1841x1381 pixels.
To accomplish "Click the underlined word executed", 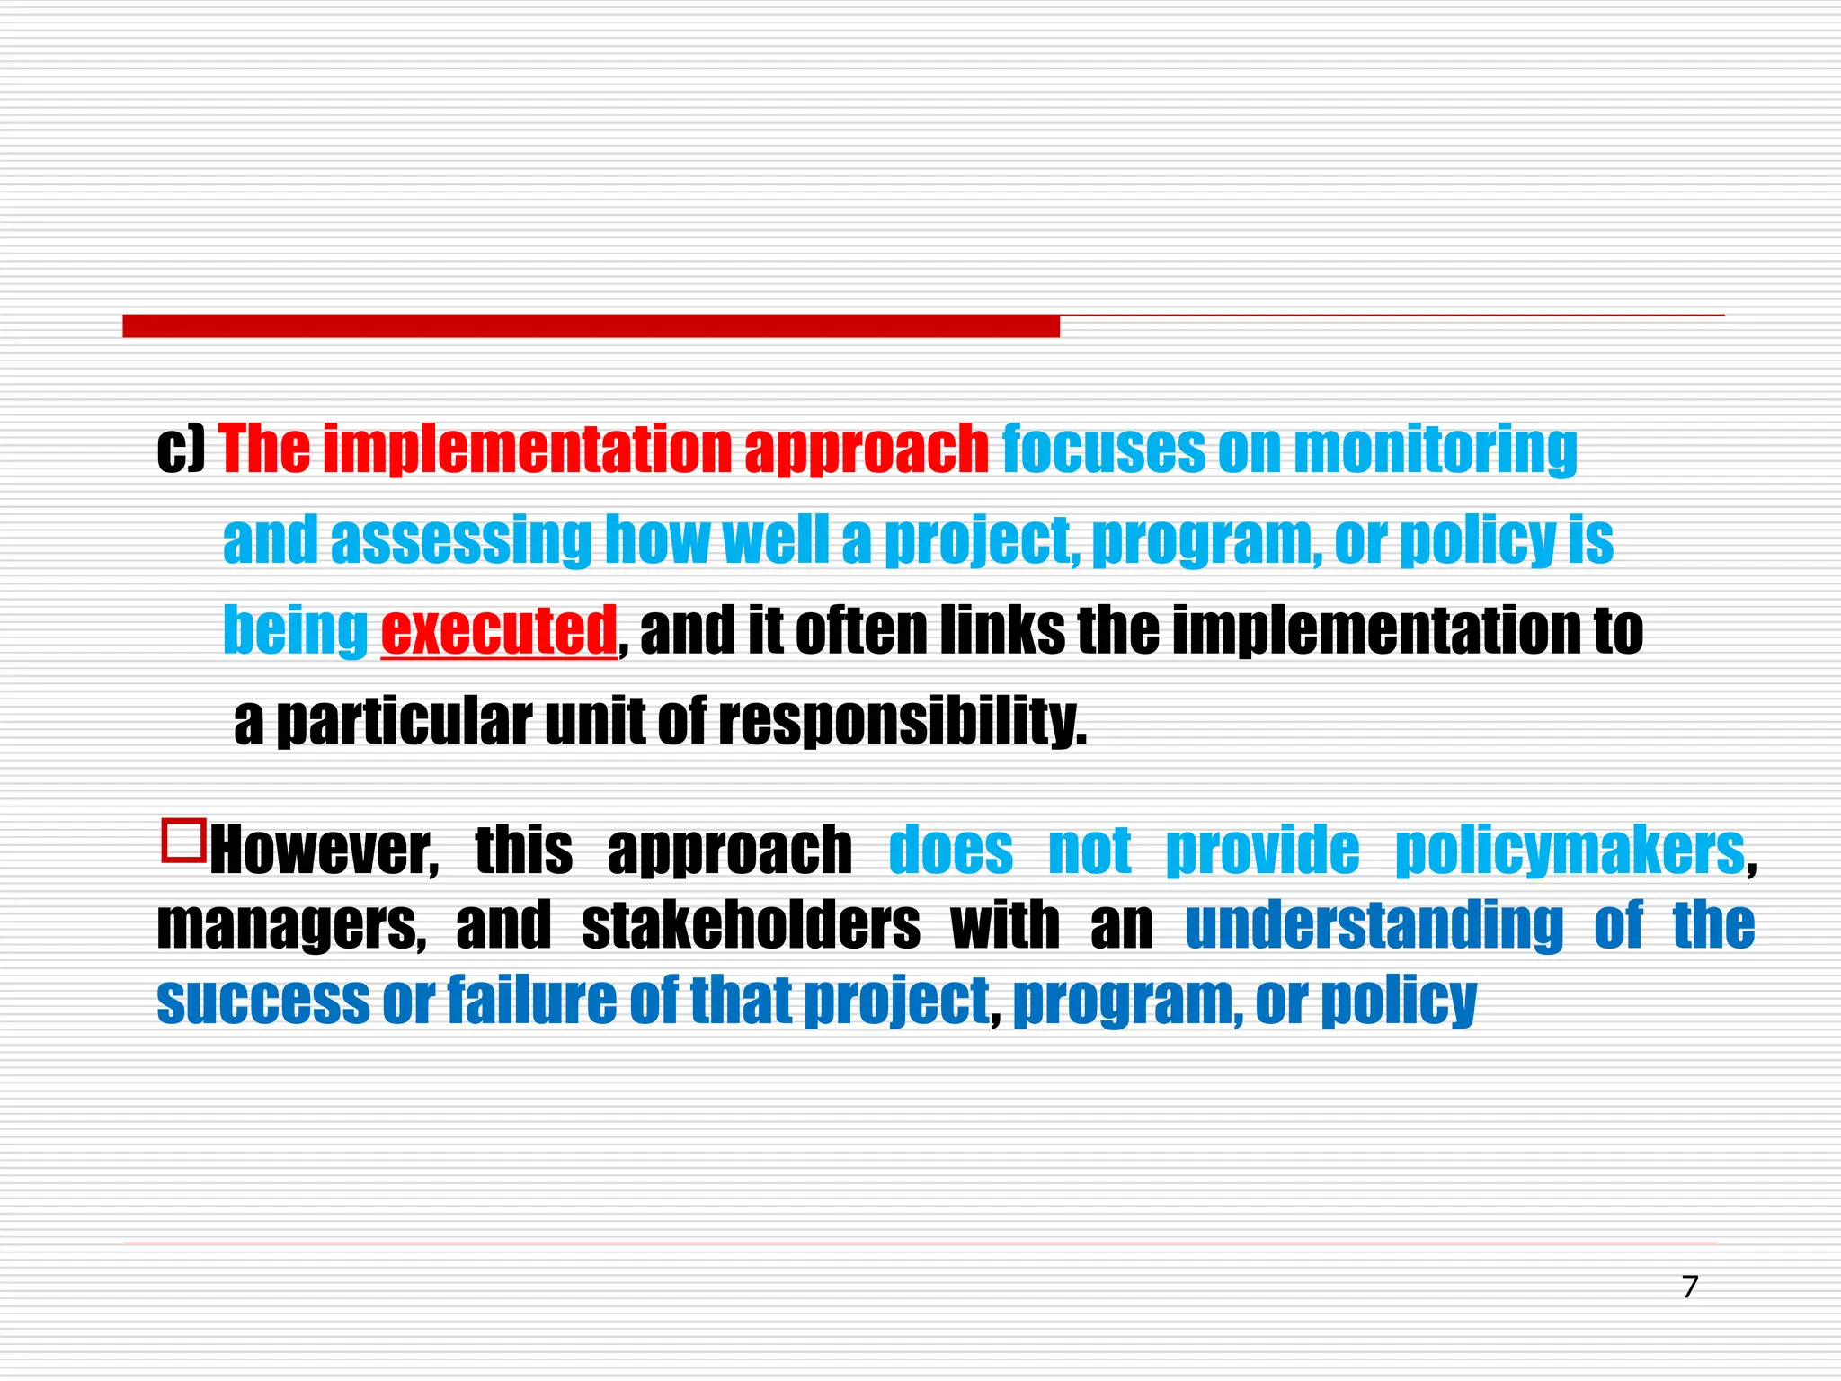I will click(499, 631).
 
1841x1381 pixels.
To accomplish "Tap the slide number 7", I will click(1690, 1287).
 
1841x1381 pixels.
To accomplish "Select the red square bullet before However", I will click(183, 840).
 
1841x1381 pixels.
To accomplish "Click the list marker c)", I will click(182, 449).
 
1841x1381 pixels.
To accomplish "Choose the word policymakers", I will click(1570, 851).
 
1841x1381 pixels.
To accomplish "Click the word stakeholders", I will click(751, 925).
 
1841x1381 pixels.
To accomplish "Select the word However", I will click(325, 851).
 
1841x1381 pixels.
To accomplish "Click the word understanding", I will click(1374, 925).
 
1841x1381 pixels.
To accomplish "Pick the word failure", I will click(532, 1000).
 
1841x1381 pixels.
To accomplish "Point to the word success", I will click(263, 1000).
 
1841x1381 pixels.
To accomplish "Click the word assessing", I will click(461, 540).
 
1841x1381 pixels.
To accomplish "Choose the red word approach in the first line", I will click(867, 449).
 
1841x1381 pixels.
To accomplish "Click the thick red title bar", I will click(591, 325).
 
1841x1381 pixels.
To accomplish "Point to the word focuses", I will click(1103, 449).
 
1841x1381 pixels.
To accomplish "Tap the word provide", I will click(1262, 851).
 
